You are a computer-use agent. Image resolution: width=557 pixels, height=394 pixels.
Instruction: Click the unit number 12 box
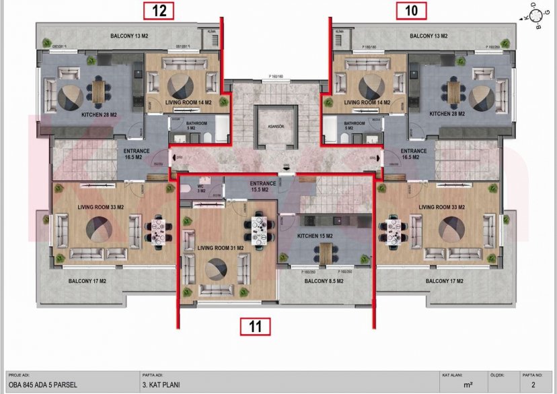(159, 10)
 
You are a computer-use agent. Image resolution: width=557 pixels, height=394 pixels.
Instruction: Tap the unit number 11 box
(256, 327)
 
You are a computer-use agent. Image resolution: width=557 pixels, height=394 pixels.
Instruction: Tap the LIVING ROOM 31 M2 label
(221, 248)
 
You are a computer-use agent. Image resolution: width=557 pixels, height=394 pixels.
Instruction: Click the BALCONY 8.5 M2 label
(325, 282)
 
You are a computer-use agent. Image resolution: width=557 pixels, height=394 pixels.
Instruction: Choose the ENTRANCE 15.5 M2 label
(262, 186)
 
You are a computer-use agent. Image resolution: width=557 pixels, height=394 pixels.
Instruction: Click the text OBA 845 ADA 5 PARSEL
(42, 385)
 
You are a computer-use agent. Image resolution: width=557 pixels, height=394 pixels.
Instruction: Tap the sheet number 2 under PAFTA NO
(532, 385)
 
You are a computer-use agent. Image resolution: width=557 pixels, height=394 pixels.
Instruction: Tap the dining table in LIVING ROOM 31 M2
(260, 228)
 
